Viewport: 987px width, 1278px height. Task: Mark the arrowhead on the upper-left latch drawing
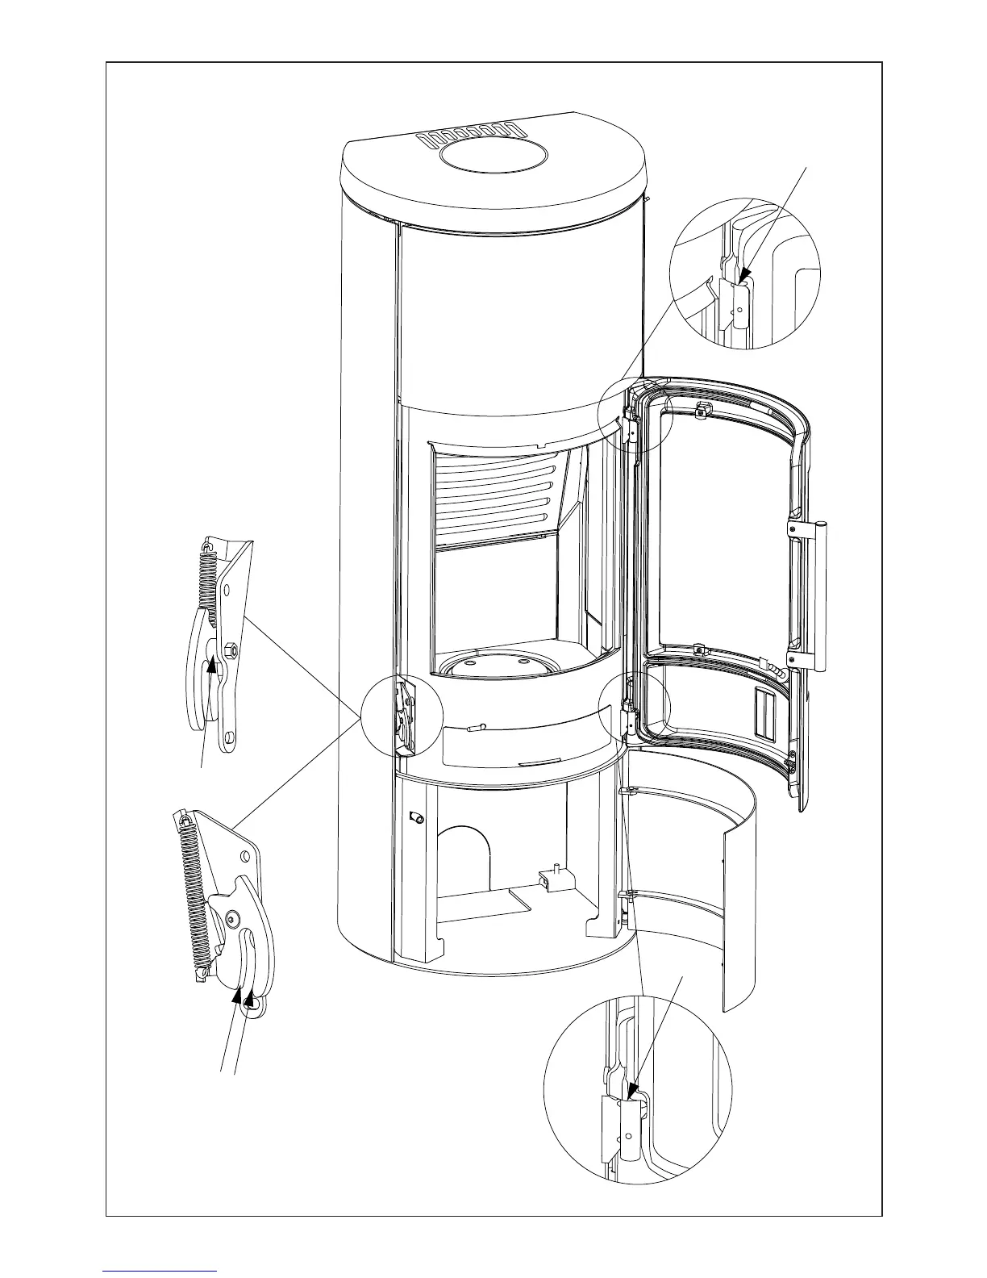[214, 664]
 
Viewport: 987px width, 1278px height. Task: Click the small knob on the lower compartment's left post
[418, 819]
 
